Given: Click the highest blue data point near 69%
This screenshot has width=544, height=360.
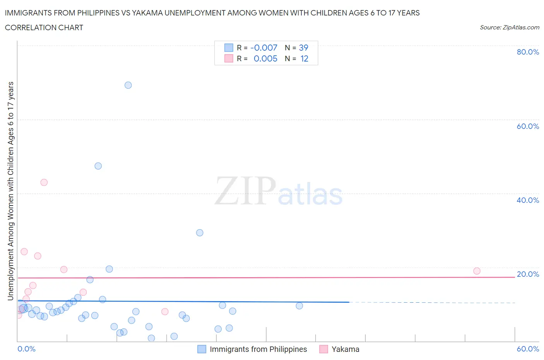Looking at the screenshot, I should point(128,85).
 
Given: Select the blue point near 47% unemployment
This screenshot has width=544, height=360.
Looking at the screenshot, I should point(98,166).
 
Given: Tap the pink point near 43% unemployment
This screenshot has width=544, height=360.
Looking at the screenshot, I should point(44,182).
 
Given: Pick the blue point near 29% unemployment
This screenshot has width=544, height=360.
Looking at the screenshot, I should point(200,233).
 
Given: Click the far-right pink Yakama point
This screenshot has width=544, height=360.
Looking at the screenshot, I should point(477,271).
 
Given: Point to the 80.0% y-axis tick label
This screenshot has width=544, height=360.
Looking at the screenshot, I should point(528,52).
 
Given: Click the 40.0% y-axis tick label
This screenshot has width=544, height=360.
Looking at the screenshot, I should point(528,200).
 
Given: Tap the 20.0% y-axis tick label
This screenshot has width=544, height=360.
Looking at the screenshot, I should point(528,274).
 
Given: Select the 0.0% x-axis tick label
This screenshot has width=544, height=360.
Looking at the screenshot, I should point(26,349).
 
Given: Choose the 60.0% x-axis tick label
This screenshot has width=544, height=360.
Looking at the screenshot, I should point(528,349).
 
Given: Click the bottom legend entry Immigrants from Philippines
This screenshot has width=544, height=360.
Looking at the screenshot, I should point(258,349).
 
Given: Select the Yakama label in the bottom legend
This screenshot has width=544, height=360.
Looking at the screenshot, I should point(345,349).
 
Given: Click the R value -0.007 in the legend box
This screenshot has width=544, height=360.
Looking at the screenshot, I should point(264,48).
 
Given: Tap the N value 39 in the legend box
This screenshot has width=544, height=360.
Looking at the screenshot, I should point(303,48).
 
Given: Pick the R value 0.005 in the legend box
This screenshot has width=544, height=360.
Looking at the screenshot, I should point(265,58).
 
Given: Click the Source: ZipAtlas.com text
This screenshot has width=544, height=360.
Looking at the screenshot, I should point(509,27).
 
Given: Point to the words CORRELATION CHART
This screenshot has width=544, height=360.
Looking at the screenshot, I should point(44,27).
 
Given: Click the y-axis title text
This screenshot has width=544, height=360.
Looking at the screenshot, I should point(10,191).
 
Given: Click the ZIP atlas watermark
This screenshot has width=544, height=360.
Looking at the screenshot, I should point(279,191).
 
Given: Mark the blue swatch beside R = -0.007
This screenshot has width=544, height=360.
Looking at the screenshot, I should point(229,48).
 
